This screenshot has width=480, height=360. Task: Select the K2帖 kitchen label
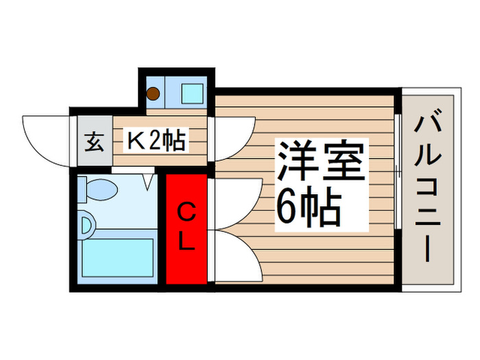154,141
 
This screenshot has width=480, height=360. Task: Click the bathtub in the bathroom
117,256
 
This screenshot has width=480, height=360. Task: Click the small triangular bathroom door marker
149,182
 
